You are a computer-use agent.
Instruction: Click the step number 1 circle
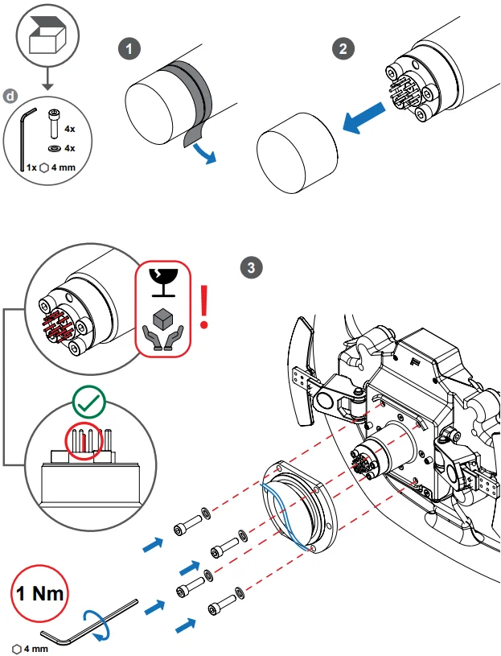coord(128,48)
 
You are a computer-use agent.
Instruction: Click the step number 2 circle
coord(343,48)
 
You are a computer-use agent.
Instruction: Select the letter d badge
coord(9,96)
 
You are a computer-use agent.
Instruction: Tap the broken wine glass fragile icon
coord(163,280)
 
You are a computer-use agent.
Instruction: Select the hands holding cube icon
coord(163,328)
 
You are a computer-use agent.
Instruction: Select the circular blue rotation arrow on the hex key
coord(97,625)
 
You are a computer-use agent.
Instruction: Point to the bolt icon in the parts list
coord(53,124)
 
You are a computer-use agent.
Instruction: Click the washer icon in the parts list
coord(52,149)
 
